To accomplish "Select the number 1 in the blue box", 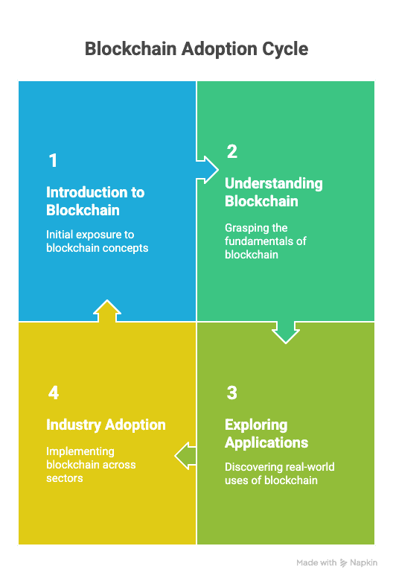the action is (x=53, y=161).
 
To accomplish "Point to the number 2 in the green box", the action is (x=232, y=151).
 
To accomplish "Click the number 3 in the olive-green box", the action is (x=232, y=393).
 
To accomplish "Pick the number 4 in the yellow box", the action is (x=54, y=393).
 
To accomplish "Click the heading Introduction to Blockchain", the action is (x=95, y=201).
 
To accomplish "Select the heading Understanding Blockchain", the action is (x=274, y=192).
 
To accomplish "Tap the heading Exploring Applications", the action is (x=266, y=434).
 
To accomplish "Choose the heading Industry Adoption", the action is (x=106, y=425).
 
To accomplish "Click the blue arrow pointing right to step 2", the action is (x=207, y=170).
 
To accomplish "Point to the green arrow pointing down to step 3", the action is (x=286, y=332).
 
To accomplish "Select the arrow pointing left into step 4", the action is (x=185, y=456).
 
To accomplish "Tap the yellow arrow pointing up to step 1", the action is (x=107, y=311).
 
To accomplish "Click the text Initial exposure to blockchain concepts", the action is (x=97, y=241).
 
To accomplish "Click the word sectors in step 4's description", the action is (x=65, y=478).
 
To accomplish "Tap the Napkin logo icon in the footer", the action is (x=343, y=563).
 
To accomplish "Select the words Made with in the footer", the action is (x=316, y=563).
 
